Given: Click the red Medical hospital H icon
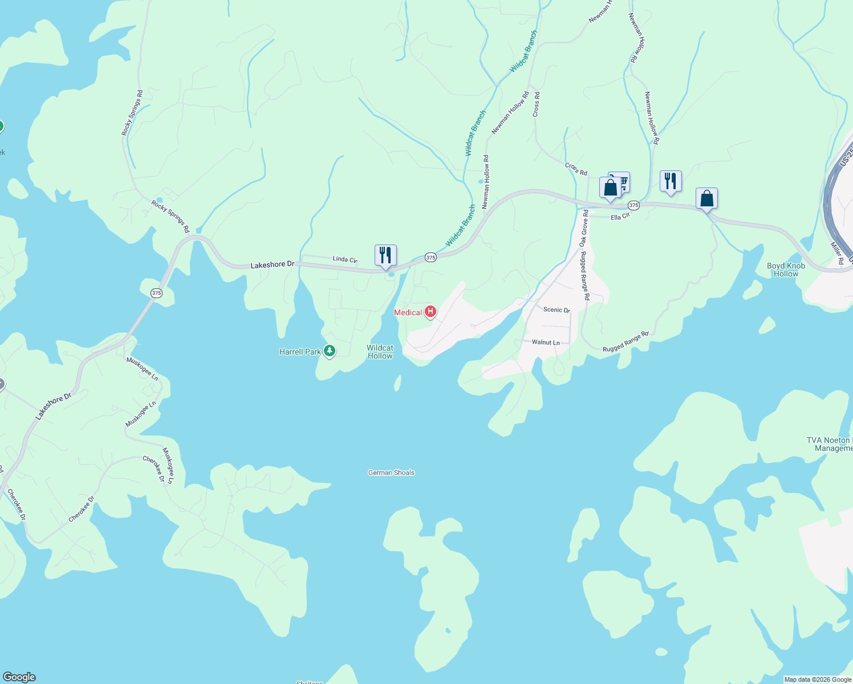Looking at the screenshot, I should tap(430, 312).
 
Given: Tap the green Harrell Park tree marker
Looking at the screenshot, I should tap(329, 351).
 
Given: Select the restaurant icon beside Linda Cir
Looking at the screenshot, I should tap(385, 256).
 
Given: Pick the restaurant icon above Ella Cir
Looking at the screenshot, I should tap(671, 182).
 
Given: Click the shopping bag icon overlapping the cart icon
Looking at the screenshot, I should tap(610, 188).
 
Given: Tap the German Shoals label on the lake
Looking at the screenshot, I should tap(391, 473).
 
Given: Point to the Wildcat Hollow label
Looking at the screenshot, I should tap(380, 352).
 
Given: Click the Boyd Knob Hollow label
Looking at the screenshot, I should tap(786, 270).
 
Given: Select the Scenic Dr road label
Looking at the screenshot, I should tap(557, 310).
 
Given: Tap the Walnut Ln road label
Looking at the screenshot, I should tap(546, 343).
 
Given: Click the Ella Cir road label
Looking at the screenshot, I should tap(620, 217).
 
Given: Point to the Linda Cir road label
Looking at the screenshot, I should tap(344, 259).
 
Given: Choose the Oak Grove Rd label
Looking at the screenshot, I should tap(584, 228).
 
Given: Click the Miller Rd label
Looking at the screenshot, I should tap(836, 253).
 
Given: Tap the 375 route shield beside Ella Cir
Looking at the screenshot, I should tap(633, 205).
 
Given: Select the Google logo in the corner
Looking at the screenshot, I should tap(19, 677).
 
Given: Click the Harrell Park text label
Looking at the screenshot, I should tap(300, 352).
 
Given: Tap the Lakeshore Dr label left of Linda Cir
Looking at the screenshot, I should tap(273, 265).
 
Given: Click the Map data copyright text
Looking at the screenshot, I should tap(818, 679).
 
